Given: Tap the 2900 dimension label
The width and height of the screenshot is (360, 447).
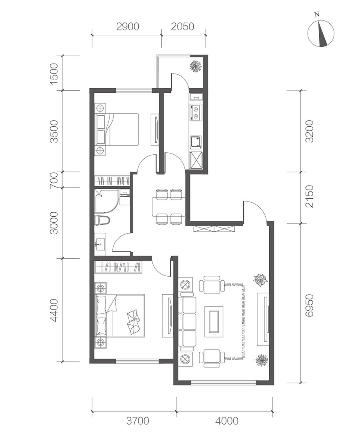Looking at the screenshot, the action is (128, 26).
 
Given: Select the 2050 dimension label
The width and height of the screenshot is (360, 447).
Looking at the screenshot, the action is (182, 26).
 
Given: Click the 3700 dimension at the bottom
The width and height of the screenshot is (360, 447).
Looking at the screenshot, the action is (138, 421).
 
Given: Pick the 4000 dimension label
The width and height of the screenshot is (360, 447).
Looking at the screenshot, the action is (227, 421).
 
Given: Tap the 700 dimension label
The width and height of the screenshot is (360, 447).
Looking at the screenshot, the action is (54, 180).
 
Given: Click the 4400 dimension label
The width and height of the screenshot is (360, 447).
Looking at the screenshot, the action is (54, 310).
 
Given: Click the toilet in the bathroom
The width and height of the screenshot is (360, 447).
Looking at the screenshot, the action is (102, 221).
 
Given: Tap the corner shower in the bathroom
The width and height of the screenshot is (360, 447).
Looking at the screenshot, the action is (106, 200).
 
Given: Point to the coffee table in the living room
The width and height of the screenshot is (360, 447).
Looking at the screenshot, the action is (214, 319).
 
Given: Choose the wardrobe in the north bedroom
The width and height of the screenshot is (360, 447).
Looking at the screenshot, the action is (112, 181).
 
